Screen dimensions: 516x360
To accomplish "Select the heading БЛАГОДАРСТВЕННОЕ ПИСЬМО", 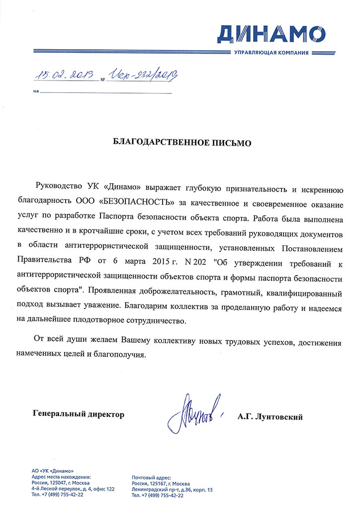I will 180,143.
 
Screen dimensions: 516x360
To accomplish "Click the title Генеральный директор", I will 78,414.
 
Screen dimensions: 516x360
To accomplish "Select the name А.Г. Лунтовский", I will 270,417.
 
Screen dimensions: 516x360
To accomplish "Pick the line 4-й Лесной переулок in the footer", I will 73,490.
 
